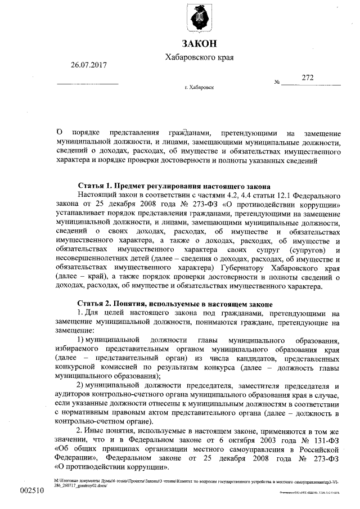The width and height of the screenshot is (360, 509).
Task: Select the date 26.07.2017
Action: coord(88,65)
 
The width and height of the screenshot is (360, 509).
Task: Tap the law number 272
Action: coord(308,77)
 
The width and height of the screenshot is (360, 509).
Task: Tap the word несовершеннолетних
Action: coord(92,258)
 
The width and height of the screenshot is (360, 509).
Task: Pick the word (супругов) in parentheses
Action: coord(304,249)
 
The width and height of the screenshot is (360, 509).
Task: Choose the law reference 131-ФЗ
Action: coord(326,438)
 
